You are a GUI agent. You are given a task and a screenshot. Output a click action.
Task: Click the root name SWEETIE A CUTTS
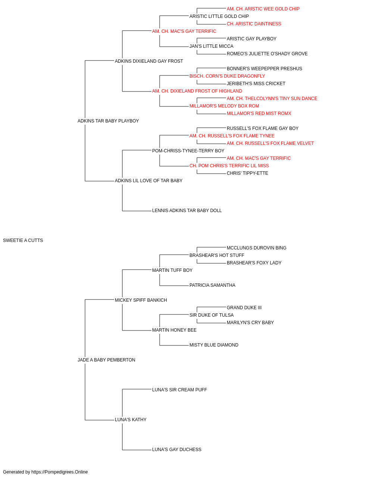[23, 240]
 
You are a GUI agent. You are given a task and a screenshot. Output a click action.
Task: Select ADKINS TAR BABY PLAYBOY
[108, 121]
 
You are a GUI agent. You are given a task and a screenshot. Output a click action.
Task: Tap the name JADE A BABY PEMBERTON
[106, 360]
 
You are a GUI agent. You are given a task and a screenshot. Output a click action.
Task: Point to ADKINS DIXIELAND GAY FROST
[149, 61]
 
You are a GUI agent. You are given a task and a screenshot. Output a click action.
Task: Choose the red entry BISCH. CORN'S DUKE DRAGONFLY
[227, 76]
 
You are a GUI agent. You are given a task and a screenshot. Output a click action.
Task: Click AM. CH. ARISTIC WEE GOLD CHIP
[263, 9]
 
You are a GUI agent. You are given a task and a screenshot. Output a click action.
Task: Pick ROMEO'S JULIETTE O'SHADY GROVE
[267, 54]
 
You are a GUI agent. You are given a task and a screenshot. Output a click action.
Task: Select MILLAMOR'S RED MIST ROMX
[259, 114]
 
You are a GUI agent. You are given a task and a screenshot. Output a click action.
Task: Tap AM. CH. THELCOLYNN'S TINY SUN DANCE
[272, 99]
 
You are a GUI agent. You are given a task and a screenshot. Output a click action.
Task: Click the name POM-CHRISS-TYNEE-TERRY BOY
[188, 151]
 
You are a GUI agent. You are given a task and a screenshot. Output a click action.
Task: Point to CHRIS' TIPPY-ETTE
[247, 173]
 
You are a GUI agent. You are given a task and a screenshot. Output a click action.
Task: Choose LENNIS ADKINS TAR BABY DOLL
[187, 211]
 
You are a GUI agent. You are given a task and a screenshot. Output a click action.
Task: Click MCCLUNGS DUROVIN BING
[256, 248]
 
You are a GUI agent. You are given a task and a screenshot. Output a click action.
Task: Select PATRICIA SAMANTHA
[212, 285]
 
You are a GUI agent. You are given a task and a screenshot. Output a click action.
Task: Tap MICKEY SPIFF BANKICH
[141, 300]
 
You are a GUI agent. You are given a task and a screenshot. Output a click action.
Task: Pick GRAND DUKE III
[244, 308]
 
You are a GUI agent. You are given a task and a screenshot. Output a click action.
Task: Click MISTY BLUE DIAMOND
[214, 345]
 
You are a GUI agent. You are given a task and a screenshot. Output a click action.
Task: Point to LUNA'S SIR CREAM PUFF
[179, 390]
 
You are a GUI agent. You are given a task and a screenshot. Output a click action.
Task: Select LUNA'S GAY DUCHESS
[176, 450]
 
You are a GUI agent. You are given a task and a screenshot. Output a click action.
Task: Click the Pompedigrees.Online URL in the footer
[60, 472]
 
